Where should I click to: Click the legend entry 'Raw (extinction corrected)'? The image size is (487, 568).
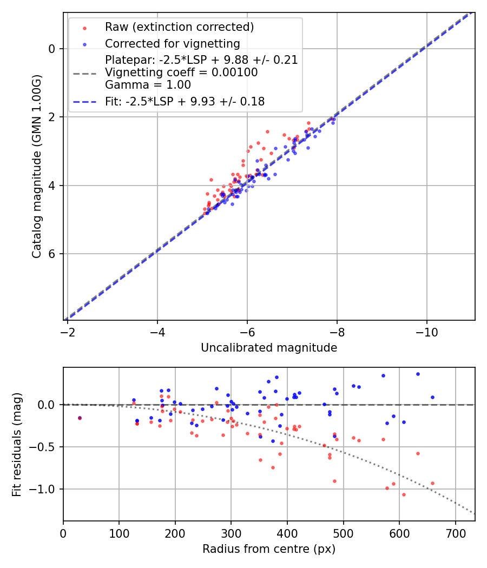(179, 27)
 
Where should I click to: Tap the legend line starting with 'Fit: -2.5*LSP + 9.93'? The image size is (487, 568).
(185, 102)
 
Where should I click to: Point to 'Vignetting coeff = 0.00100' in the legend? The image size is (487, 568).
(181, 72)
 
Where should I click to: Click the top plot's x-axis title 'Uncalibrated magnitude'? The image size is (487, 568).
(269, 348)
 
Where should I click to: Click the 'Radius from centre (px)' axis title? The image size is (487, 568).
(269, 549)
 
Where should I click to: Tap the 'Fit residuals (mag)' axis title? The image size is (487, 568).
(17, 444)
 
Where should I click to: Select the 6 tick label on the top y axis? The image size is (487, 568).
(52, 254)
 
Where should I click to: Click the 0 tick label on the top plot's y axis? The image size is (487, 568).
(52, 49)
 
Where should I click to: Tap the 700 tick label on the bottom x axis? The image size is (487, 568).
(455, 533)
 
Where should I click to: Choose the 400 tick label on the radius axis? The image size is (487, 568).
(287, 533)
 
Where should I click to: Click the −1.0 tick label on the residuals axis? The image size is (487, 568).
(45, 489)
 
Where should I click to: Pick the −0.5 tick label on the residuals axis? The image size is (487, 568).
(45, 447)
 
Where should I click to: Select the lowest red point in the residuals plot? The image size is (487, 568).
(404, 494)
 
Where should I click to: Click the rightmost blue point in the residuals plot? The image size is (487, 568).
(432, 397)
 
